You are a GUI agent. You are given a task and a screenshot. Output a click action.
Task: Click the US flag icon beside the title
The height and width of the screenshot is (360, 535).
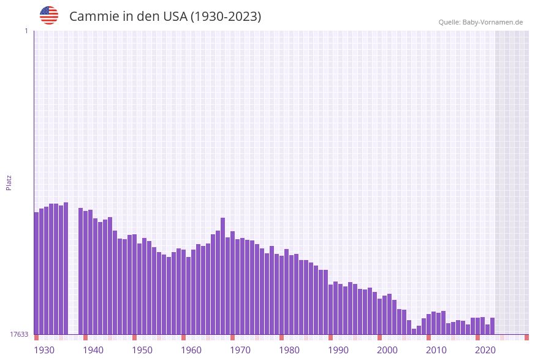click(x=49, y=15)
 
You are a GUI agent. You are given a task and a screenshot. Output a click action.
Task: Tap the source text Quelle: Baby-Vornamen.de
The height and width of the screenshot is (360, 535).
click(x=480, y=22)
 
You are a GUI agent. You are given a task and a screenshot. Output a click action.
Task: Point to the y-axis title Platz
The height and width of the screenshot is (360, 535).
click(x=9, y=182)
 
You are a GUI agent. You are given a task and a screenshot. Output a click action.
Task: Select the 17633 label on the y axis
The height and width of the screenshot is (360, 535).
click(x=19, y=334)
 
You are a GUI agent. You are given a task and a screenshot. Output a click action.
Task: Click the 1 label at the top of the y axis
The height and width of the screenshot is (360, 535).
click(x=26, y=31)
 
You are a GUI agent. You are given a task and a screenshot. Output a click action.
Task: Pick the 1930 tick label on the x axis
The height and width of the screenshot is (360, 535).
click(x=44, y=350)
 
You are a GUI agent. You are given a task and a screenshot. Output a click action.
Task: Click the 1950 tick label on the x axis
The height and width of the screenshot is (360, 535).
click(x=142, y=350)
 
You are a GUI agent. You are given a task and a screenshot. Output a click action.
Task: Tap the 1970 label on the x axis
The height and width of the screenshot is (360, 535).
click(x=240, y=350)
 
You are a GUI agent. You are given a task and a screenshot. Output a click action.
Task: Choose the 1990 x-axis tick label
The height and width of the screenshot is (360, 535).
click(x=338, y=350)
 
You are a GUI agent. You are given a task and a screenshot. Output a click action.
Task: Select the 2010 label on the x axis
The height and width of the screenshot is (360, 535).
click(x=436, y=350)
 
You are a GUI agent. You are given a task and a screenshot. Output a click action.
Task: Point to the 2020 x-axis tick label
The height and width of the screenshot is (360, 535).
click(x=485, y=350)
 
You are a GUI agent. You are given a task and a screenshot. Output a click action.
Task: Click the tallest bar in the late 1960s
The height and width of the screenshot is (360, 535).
click(x=223, y=276)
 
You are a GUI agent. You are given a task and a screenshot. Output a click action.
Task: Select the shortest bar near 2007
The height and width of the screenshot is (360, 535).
click(x=414, y=331)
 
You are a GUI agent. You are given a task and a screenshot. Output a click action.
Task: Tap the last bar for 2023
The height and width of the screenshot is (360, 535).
click(x=492, y=326)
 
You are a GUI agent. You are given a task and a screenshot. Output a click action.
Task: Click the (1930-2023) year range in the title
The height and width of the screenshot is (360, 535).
click(x=226, y=17)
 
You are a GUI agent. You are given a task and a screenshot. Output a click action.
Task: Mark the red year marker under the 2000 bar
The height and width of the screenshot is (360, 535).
click(x=379, y=337)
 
